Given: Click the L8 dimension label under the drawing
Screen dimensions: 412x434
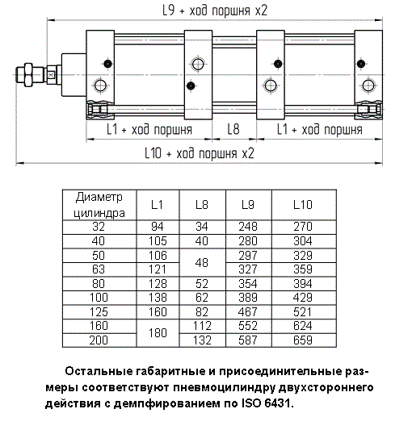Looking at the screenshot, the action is coord(233,129).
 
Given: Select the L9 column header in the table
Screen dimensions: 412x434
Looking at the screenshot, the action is coord(248,205).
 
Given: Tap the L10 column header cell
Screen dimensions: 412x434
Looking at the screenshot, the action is coord(303,205).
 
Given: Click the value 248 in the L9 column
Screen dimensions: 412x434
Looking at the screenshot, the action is coord(248,227).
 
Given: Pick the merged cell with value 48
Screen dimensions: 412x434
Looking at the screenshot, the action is coord(202,263).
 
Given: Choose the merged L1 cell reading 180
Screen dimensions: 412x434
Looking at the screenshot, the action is coord(158,333).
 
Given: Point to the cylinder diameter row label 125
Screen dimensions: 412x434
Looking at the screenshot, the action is coord(99,312).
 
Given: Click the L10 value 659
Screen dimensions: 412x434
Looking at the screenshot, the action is coord(303,340).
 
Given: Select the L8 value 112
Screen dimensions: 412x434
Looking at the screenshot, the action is coord(202,326).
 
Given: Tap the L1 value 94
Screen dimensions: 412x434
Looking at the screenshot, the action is coord(158,227).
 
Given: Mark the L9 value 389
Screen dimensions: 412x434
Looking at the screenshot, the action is coord(248,298).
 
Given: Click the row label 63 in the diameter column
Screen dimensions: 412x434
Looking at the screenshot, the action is coord(99,269).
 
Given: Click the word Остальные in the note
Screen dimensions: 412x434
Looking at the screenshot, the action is coord(99,371).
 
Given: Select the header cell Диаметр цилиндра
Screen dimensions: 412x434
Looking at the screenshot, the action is coord(99,205).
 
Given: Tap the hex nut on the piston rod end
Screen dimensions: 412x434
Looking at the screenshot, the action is coord(28,75).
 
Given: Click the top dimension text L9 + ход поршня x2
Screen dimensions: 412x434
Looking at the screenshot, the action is coord(215,10).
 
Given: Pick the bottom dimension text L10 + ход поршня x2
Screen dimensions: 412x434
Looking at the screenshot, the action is coord(200,153).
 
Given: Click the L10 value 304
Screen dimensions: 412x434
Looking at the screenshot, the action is coord(303,241).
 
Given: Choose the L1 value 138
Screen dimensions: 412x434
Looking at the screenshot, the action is coord(158,298).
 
